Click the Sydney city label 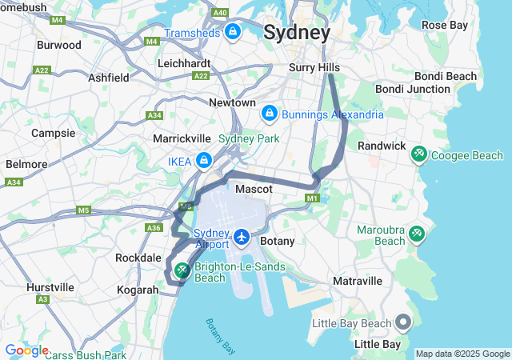[x=296, y=33]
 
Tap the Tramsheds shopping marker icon [x=233, y=32]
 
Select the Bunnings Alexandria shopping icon [x=270, y=114]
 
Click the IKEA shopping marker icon [x=204, y=161]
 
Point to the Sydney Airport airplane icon [x=242, y=238]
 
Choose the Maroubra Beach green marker [x=417, y=234]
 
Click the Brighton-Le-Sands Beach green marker [x=182, y=271]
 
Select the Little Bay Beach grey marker [x=402, y=323]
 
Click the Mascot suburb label [x=254, y=190]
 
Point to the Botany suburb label [x=278, y=241]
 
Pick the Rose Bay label [x=444, y=26]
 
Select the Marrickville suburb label [x=182, y=138]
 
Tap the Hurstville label [x=50, y=287]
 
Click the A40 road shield [x=220, y=14]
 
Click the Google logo [x=26, y=350]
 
